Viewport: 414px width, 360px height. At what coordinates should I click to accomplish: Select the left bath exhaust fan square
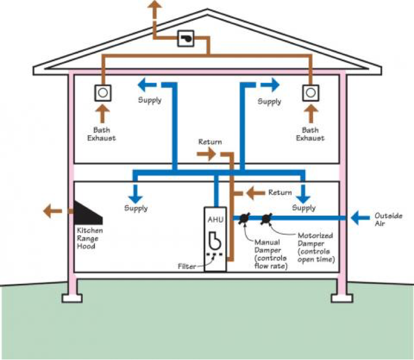[102, 92]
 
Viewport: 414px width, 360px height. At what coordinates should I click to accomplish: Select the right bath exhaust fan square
[310, 92]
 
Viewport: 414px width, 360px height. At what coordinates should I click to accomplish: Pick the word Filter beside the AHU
[187, 266]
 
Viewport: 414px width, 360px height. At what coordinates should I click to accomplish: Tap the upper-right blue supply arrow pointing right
[269, 84]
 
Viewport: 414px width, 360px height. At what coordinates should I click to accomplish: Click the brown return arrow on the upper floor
[208, 155]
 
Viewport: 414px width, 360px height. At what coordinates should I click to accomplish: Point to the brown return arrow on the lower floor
[255, 193]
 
